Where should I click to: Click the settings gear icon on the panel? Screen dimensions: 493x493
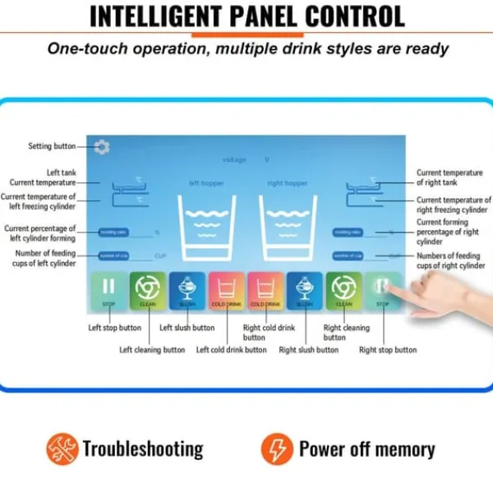102,147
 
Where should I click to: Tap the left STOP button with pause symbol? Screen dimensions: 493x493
108,292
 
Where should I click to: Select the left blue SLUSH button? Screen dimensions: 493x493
187,292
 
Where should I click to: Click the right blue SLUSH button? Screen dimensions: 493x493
305,292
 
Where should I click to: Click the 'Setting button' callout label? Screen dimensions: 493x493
52,146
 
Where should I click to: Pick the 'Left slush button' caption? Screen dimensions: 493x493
187,328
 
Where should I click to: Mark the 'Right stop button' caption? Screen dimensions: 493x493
388,350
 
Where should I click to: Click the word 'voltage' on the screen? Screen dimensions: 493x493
234,159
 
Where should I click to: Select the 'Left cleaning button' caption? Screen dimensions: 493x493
152,350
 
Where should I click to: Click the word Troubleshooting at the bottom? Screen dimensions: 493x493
143,449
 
